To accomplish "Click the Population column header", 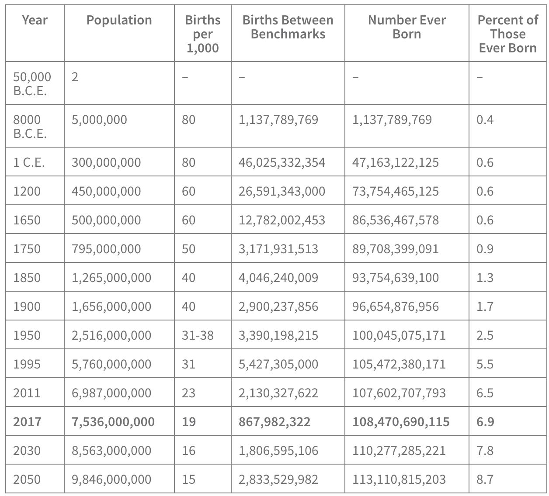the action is point(119,20).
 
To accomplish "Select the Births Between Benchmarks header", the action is point(288,27).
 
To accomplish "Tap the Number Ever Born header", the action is point(407,27).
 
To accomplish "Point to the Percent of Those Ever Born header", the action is point(508,34).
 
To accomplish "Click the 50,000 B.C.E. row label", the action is point(32,84).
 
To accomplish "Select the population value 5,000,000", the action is point(99,120).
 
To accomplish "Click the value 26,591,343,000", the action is point(281,191).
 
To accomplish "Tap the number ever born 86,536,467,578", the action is point(395,220).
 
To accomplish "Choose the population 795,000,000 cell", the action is point(106,249).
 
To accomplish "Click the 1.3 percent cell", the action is point(485,278).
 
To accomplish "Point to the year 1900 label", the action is point(27,307).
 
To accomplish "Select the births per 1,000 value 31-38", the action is point(198,335).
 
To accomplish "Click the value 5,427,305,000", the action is point(278,364).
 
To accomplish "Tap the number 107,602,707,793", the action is point(399,393).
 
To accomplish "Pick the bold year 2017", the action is point(27,422).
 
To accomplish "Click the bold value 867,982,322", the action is point(274,422).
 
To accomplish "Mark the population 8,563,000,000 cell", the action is point(111,451).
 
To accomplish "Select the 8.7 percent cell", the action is point(485,479).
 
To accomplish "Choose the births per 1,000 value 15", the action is point(188,479).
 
